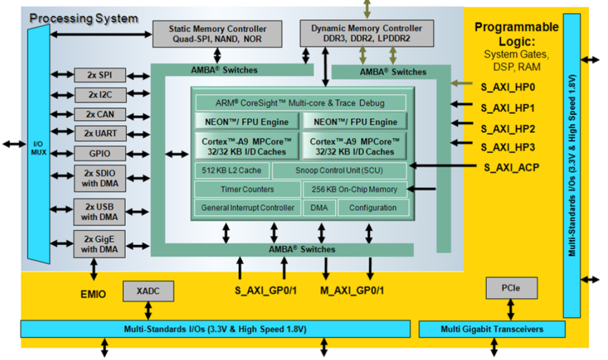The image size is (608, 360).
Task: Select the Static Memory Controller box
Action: click(x=217, y=34)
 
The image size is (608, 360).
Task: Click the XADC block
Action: click(x=148, y=291)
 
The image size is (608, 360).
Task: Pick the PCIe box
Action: click(x=511, y=288)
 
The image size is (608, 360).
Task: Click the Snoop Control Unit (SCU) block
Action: click(x=339, y=170)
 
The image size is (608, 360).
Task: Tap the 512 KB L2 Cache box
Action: click(x=231, y=170)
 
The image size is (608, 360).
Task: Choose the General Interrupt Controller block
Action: click(x=248, y=207)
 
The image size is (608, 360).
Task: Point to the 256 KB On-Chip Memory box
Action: click(x=355, y=189)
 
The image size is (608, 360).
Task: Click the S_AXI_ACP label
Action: click(x=511, y=167)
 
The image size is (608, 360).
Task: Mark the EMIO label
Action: click(x=93, y=293)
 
